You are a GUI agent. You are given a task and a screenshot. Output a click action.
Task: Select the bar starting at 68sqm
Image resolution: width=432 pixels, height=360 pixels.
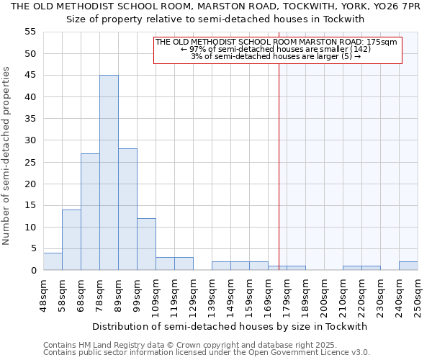coord(90,212)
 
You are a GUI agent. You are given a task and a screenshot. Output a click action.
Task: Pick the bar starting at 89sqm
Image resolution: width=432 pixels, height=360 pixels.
coord(127,210)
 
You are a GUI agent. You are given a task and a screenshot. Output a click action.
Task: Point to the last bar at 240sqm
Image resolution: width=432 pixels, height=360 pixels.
coord(408,266)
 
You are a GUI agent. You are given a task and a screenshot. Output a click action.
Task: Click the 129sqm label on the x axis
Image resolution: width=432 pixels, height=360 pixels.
coord(194,296)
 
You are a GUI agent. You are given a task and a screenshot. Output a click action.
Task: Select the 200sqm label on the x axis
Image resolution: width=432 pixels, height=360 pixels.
coord(324,296)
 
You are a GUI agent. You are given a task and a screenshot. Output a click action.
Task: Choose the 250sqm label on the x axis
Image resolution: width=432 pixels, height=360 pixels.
coord(418,296)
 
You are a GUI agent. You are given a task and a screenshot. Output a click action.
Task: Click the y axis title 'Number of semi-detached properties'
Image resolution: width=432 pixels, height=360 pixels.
coord(7,156)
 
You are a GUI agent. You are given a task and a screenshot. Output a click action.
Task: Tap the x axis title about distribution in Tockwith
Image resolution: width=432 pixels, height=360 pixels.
coord(230,326)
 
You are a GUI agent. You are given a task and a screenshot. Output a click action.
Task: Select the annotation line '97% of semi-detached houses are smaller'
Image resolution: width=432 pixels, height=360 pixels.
coord(276,49)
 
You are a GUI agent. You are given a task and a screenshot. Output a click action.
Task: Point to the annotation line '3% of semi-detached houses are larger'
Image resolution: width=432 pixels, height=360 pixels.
coord(276,56)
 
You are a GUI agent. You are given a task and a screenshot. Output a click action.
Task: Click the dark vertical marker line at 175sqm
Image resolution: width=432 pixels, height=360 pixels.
coord(279,166)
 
